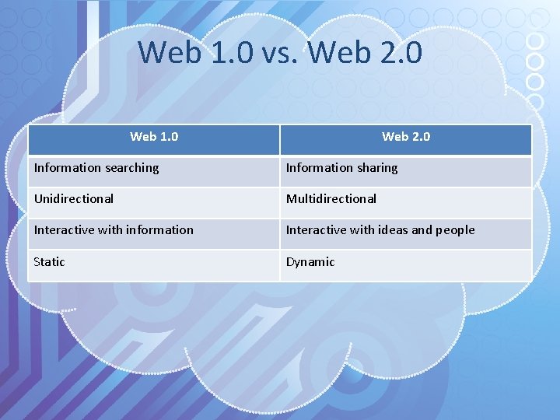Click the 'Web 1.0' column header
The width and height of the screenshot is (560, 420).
(x=154, y=137)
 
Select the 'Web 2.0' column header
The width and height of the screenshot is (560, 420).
(x=406, y=137)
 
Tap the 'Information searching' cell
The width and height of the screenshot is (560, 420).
(x=96, y=168)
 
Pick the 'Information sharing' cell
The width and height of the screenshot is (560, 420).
(x=341, y=168)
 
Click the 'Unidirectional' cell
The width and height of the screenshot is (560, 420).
(x=74, y=199)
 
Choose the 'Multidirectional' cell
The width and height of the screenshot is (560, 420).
(x=331, y=199)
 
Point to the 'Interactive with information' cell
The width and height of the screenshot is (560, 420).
(x=114, y=230)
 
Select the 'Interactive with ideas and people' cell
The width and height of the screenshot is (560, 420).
(x=380, y=230)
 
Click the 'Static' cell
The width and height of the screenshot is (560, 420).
(x=49, y=262)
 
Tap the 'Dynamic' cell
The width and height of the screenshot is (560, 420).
(x=310, y=262)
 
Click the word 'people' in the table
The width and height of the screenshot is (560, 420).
(x=455, y=230)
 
